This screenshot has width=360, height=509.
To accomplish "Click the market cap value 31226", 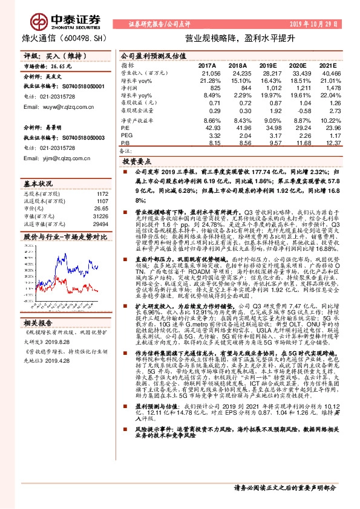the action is coord(100,215).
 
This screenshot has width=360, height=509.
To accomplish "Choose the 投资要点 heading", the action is coord(136,163).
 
